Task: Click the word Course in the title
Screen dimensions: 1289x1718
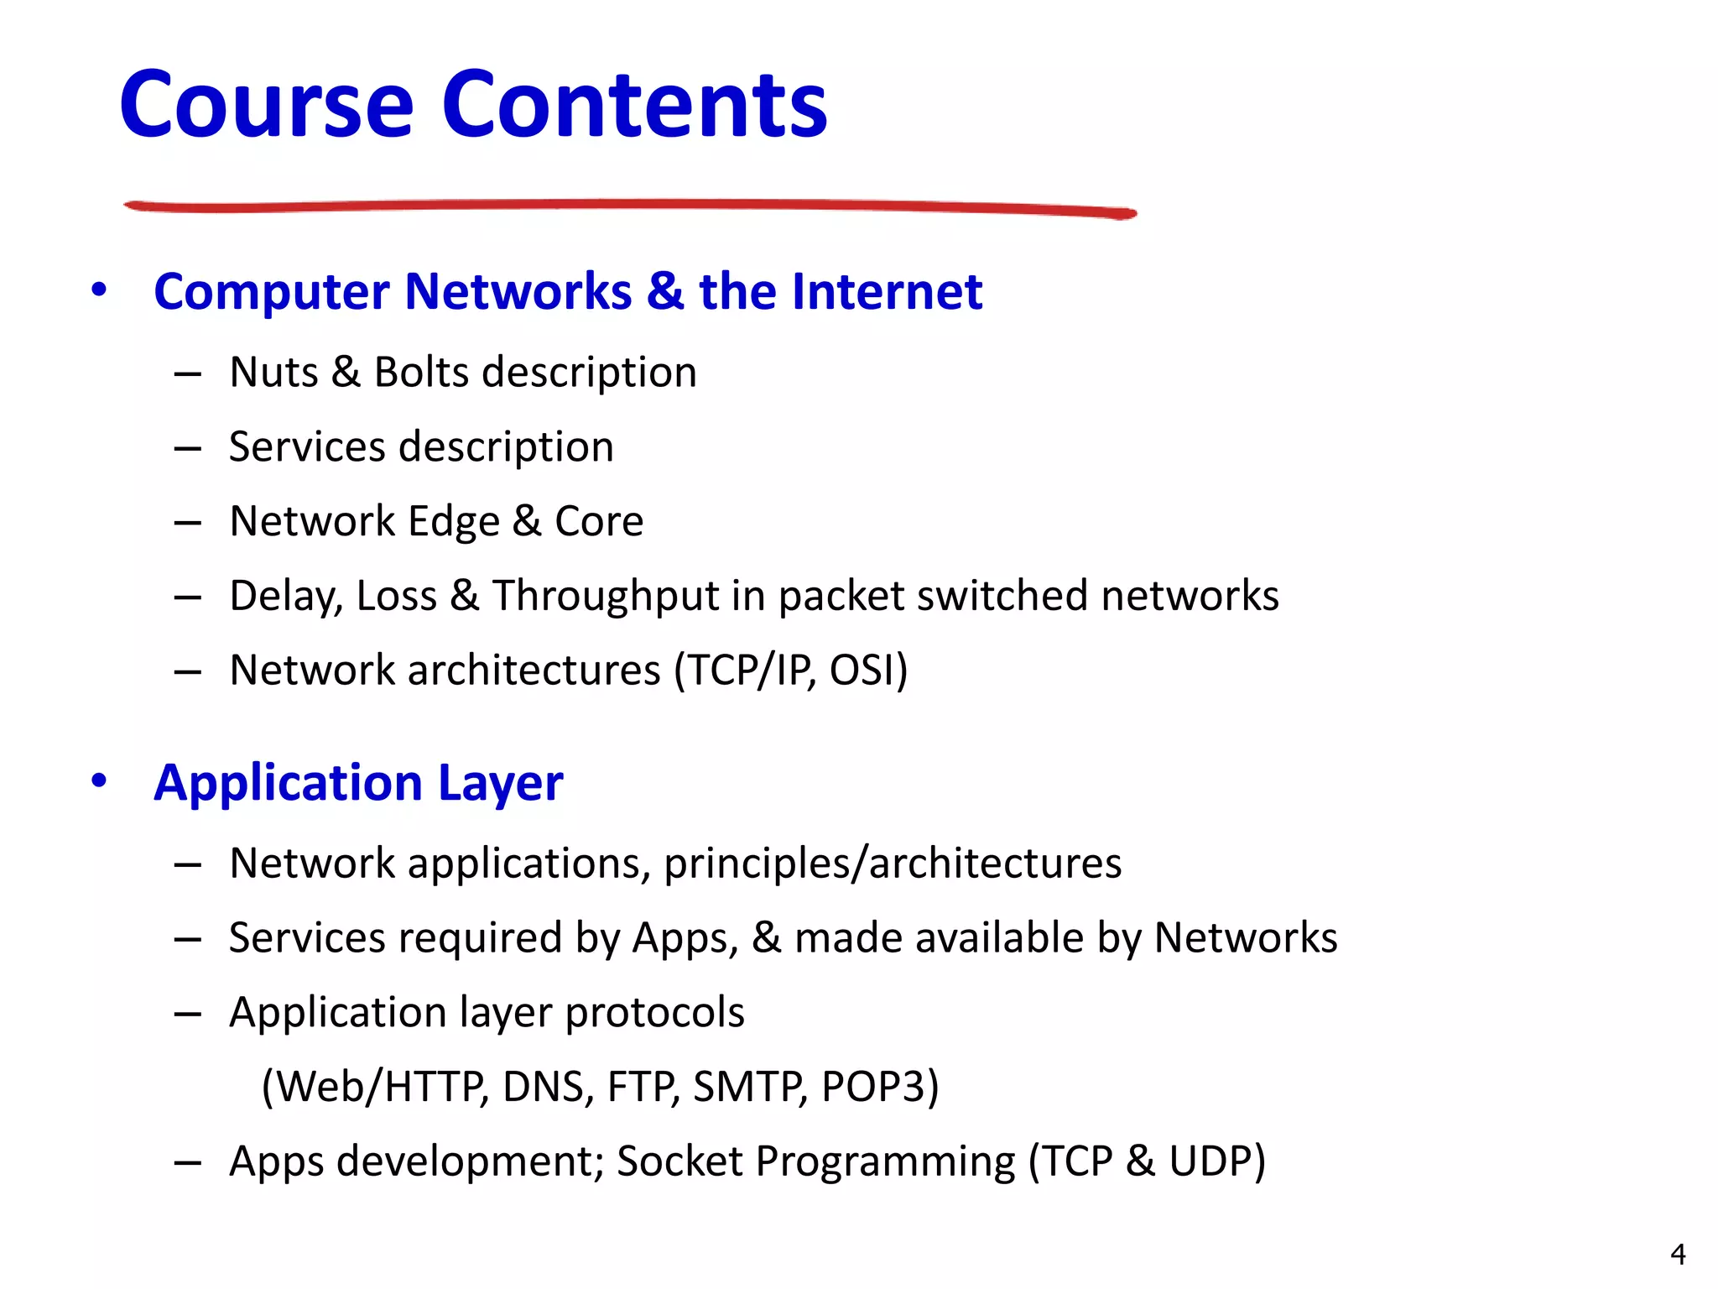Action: pos(267,105)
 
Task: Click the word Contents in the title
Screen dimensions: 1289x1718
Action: pos(635,105)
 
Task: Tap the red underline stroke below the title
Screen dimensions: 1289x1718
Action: pos(629,206)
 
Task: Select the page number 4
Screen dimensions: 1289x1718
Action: pos(1677,1255)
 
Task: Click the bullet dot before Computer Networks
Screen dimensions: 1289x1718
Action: pos(100,290)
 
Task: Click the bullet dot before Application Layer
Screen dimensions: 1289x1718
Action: pos(100,781)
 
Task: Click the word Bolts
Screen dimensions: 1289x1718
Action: pos(421,372)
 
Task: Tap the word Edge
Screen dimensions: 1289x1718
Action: pos(453,522)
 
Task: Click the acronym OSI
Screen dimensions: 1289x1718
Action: pos(864,671)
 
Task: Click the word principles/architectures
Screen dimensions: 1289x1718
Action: pos(892,864)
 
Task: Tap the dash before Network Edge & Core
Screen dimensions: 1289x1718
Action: pos(188,523)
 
